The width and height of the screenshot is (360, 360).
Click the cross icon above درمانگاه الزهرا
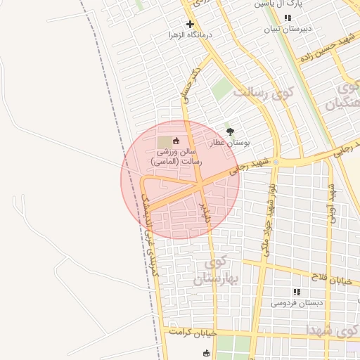point(190,24)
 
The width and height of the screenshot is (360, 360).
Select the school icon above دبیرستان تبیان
point(287,18)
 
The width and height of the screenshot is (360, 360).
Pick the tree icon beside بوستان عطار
point(230,131)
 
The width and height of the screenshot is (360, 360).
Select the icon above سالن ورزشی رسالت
point(176,141)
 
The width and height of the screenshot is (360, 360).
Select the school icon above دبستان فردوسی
point(296,292)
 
